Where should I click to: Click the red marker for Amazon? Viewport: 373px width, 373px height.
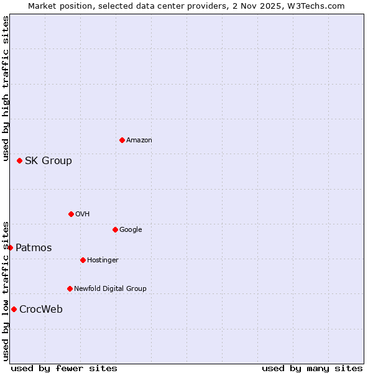[122, 140]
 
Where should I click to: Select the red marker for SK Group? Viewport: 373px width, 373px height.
[19, 160]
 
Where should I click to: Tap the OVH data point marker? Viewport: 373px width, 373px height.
[71, 214]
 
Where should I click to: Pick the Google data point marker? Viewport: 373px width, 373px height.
[115, 229]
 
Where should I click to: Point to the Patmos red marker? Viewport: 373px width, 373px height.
[10, 247]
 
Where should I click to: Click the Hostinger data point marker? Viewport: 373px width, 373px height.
[83, 260]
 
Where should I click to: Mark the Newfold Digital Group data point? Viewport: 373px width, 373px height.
[70, 288]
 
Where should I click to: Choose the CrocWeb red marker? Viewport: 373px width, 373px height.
[14, 309]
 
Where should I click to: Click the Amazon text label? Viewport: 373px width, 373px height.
[139, 140]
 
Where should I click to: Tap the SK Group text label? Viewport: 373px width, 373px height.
[48, 161]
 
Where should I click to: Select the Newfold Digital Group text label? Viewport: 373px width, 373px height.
[110, 288]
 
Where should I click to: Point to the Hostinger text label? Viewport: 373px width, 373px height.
[103, 260]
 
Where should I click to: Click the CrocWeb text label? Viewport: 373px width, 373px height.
[40, 310]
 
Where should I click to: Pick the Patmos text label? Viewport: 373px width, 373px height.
[34, 248]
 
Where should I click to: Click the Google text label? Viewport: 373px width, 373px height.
[131, 230]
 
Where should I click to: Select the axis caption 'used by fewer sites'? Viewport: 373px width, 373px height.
[64, 369]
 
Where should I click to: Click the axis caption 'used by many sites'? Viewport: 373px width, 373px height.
[312, 369]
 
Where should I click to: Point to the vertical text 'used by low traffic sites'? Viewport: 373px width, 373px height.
[6, 291]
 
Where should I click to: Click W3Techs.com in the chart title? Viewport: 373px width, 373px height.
[314, 6]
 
